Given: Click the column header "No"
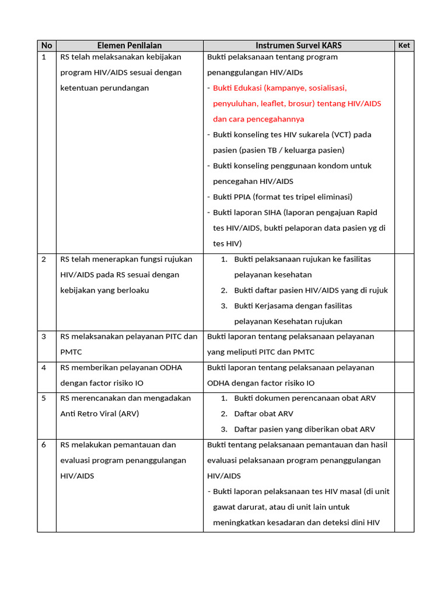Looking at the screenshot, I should (47, 46).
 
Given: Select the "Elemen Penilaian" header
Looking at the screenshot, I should (129, 46).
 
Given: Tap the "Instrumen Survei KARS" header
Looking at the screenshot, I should (299, 46).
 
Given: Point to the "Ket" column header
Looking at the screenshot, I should (404, 46).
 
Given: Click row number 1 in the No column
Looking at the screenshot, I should (44, 57).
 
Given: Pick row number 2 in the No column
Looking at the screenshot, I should (44, 259).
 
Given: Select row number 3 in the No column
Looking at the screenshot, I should (44, 337).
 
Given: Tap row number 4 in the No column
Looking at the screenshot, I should (44, 368).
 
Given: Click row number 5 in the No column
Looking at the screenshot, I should (44, 398).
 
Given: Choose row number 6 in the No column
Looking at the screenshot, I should (44, 445).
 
